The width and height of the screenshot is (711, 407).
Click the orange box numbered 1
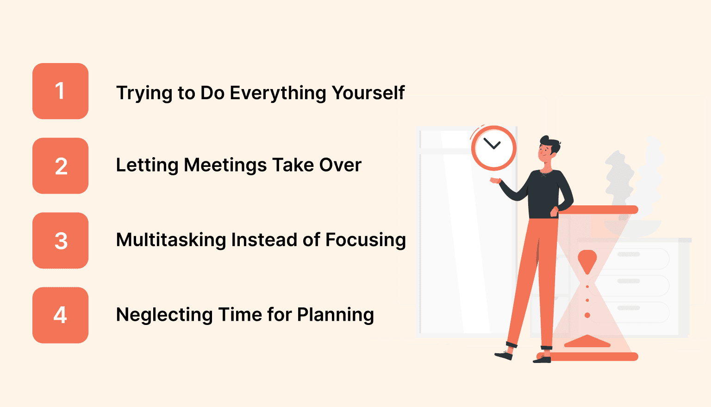coord(60,91)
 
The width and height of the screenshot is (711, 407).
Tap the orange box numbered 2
coord(60,165)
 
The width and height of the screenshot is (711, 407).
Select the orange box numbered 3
coord(60,240)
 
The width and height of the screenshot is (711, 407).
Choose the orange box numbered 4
coord(60,315)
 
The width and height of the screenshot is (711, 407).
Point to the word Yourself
coord(368,93)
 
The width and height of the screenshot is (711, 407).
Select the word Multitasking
coord(171,240)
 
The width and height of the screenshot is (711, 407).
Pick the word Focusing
coord(365,240)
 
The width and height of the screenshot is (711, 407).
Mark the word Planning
coord(335,315)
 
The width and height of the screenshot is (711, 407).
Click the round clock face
coord(493,148)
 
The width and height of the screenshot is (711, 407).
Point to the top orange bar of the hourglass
coord(599,210)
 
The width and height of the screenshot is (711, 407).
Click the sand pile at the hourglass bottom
coord(587,342)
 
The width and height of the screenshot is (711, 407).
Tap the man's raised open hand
coord(495,180)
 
